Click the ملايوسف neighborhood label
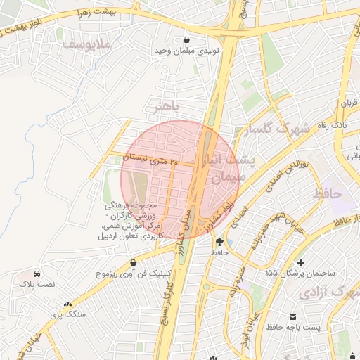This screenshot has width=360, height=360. (87, 44)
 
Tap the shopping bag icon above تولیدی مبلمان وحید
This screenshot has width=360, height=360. (186, 39)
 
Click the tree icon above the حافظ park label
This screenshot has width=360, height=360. (219, 240)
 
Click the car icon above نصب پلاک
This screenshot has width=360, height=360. (36, 274)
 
